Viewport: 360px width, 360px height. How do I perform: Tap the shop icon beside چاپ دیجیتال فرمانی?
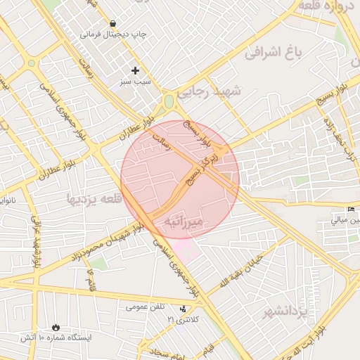point(113,23)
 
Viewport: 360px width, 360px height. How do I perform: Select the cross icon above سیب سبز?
point(135,70)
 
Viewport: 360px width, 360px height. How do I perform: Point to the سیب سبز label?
point(135,82)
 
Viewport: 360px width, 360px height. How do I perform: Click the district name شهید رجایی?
point(209,92)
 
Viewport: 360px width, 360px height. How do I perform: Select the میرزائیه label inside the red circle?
point(183,221)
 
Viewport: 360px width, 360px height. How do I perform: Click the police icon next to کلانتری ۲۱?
point(184,309)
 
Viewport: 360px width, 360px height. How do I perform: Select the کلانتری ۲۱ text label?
point(184,319)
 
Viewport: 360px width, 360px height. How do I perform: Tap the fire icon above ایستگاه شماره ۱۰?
point(56,328)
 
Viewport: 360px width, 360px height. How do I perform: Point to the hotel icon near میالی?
point(351,210)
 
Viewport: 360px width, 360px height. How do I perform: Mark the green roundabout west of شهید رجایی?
point(169,102)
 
